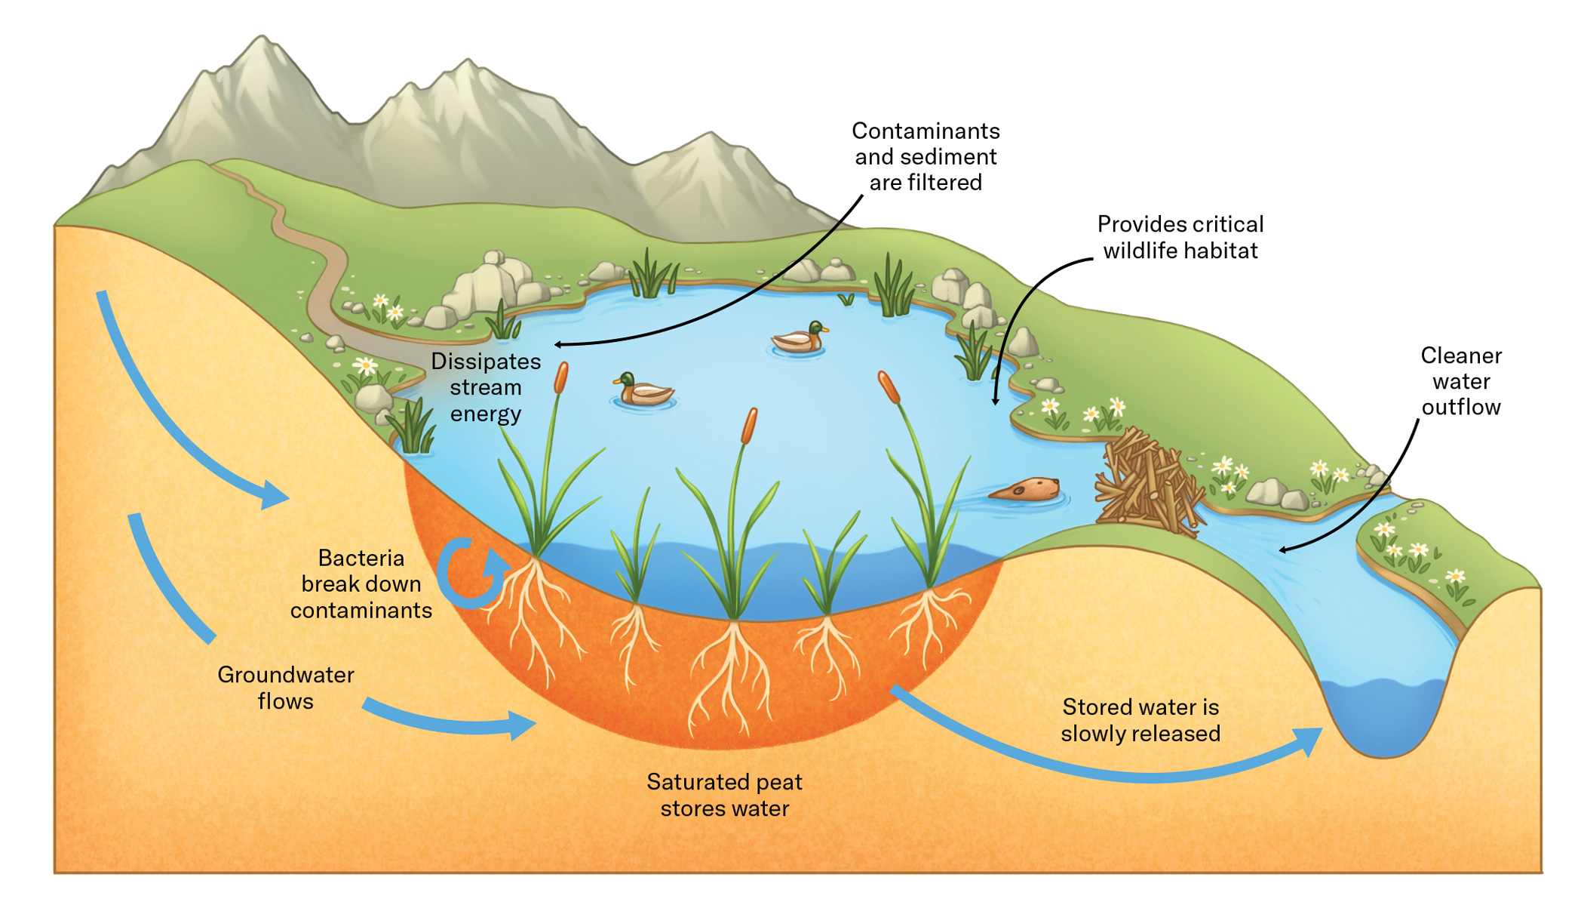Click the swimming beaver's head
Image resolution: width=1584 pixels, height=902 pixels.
coord(1044,487)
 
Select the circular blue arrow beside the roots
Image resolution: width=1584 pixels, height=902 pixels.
coord(471,574)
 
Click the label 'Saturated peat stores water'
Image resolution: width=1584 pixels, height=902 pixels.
coord(724,795)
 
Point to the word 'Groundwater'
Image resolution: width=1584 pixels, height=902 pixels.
coord(285,675)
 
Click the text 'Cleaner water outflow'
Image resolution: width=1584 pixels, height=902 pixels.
coord(1460,381)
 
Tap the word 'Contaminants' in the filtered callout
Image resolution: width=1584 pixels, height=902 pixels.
coord(926,131)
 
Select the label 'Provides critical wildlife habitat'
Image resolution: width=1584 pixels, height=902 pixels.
coord(1180,237)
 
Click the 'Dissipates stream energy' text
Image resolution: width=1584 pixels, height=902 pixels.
coord(486,387)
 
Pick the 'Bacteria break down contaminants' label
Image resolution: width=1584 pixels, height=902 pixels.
coord(361,584)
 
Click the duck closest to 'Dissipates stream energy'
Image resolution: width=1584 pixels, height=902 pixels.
coord(643,390)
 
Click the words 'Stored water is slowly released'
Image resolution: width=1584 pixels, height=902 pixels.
coord(1140,720)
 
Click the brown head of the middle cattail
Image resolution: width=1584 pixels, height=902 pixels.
coord(749,426)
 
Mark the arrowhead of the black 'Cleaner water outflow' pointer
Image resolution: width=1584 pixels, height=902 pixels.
coord(1282,550)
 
